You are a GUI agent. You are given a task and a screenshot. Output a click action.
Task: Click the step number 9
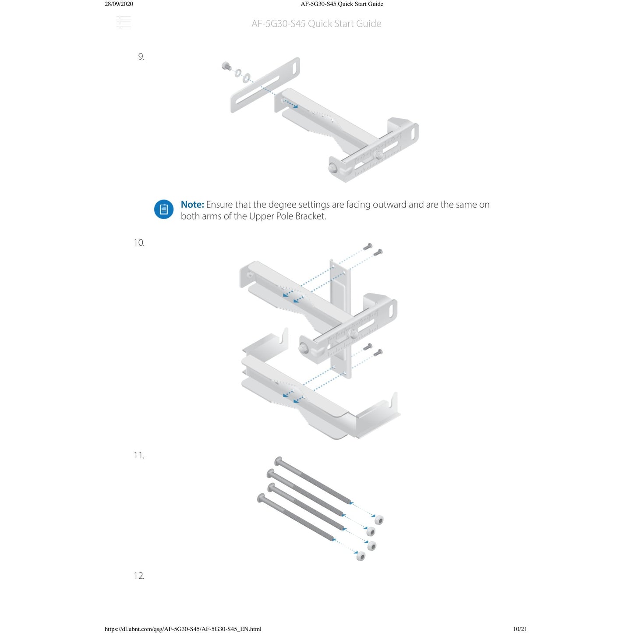tap(141, 57)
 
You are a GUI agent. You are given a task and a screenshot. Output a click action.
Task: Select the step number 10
tap(139, 243)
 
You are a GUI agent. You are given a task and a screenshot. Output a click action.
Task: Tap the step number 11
tap(139, 455)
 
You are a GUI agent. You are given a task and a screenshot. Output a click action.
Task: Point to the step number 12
tap(139, 576)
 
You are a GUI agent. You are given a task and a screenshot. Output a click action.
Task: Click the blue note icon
tap(163, 209)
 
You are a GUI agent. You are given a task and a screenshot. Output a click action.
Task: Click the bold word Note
tap(192, 204)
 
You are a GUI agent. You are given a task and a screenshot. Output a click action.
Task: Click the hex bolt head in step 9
tap(226, 66)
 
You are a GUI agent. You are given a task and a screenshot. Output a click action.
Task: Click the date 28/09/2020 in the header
tap(119, 4)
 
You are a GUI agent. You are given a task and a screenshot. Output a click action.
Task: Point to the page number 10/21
tap(520, 629)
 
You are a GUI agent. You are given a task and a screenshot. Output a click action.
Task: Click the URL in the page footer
tap(183, 629)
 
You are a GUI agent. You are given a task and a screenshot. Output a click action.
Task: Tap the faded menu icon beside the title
tap(124, 23)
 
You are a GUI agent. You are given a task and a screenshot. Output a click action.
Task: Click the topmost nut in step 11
tap(379, 520)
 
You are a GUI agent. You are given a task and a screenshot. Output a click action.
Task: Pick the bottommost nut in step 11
tap(361, 556)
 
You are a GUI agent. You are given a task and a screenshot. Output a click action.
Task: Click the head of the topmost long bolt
tap(278, 461)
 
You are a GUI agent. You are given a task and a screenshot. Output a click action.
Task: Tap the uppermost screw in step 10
tap(368, 246)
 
